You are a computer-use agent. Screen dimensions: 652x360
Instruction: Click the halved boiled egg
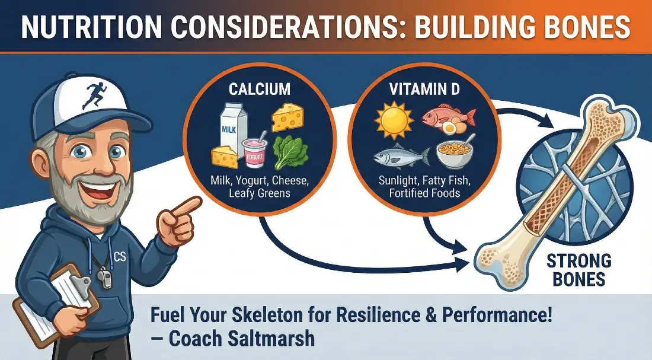tap(449, 128)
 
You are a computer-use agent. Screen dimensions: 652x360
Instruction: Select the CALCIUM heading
tap(260, 89)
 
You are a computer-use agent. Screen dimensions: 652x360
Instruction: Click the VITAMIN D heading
tap(424, 89)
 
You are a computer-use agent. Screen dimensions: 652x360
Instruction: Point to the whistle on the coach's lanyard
tap(105, 276)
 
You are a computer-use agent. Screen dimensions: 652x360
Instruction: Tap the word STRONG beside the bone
tap(579, 262)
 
